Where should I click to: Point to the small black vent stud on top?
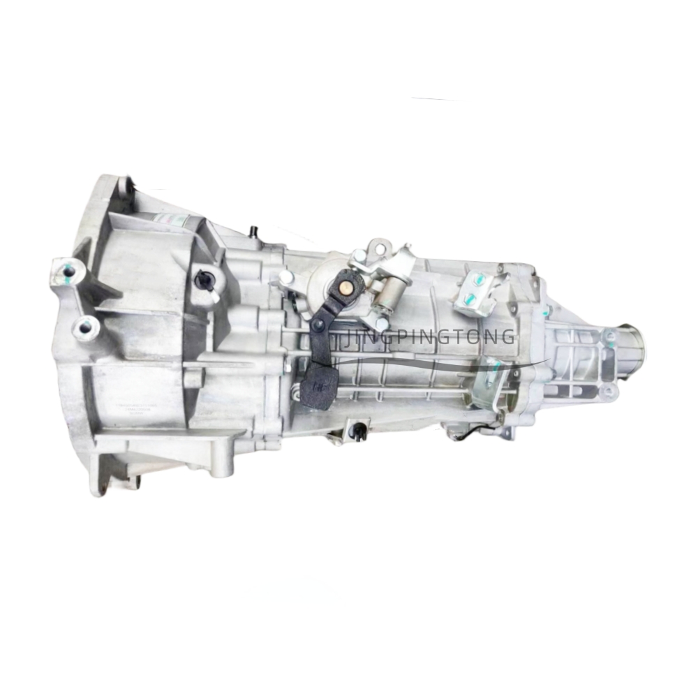251,230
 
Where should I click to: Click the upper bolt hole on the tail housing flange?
609,336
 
